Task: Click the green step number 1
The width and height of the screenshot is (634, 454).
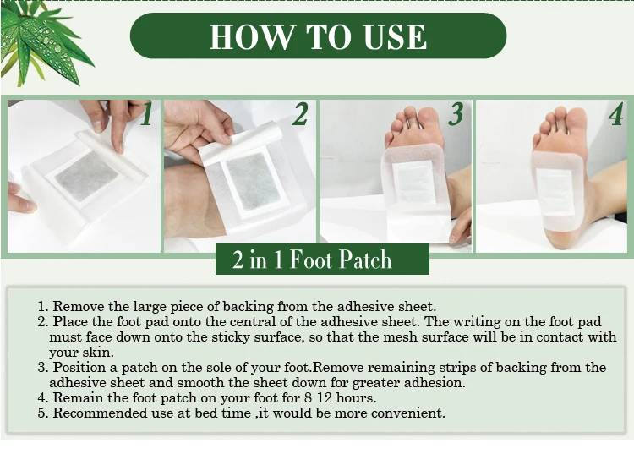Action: coord(147,114)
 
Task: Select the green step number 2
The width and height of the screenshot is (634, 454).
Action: coord(299,114)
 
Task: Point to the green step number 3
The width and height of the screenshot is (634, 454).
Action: coord(456,114)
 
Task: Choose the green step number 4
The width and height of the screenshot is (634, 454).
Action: coord(615,114)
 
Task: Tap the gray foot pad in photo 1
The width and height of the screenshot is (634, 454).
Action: coord(86,176)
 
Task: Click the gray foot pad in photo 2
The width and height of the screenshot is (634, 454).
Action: coord(253,182)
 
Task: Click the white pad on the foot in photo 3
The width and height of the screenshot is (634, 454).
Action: coord(413,182)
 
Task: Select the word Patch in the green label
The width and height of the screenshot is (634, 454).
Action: coord(365,260)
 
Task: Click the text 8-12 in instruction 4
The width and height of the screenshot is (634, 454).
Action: coord(318,398)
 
